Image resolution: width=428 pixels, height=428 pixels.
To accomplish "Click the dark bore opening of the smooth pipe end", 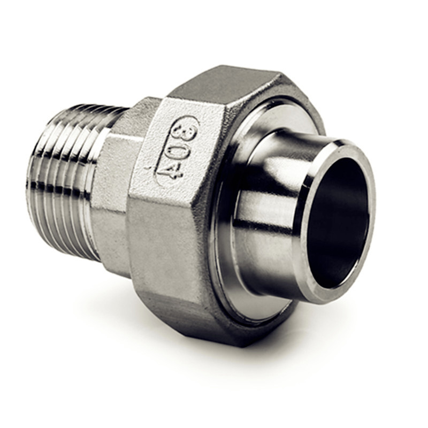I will [x=338, y=225].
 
